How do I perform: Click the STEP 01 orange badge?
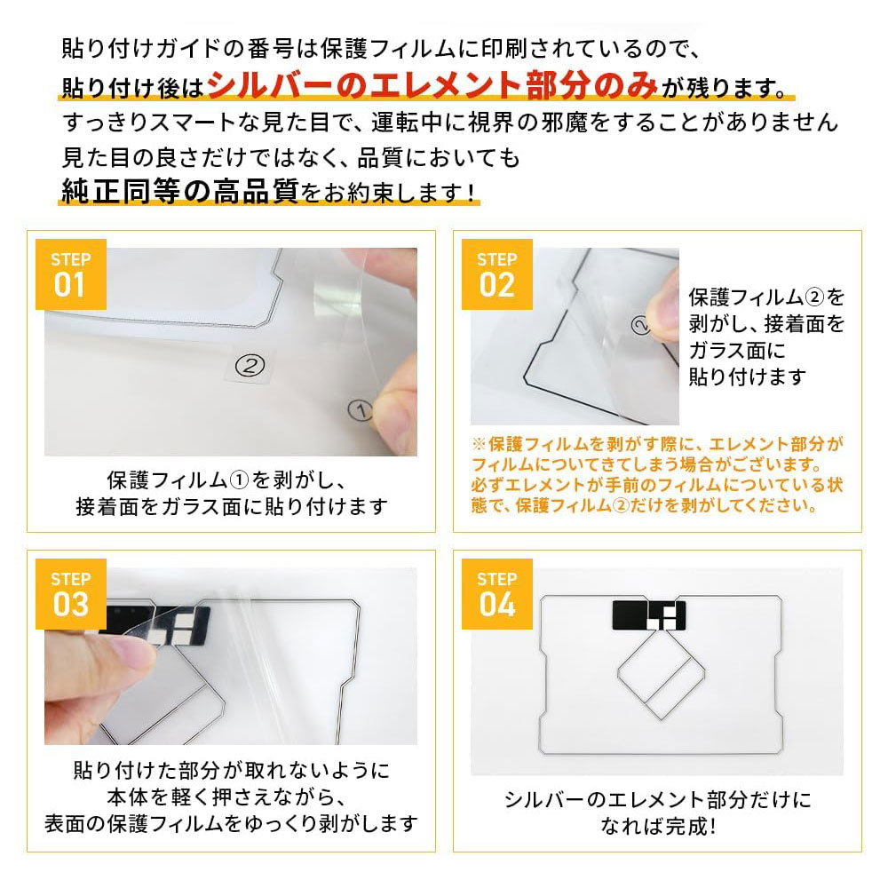click(71, 274)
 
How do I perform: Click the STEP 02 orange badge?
click(496, 274)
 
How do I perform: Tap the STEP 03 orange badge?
click(71, 594)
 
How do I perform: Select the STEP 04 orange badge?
click(496, 594)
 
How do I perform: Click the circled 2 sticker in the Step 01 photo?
click(250, 365)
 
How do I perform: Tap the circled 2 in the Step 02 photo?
click(640, 325)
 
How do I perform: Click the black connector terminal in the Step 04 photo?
click(649, 615)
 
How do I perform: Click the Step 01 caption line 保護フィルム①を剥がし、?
click(226, 480)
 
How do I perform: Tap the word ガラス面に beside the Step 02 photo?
click(737, 350)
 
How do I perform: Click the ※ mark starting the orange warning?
click(480, 444)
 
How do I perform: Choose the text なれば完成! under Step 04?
click(658, 826)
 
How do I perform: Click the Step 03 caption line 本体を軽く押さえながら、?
click(226, 797)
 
